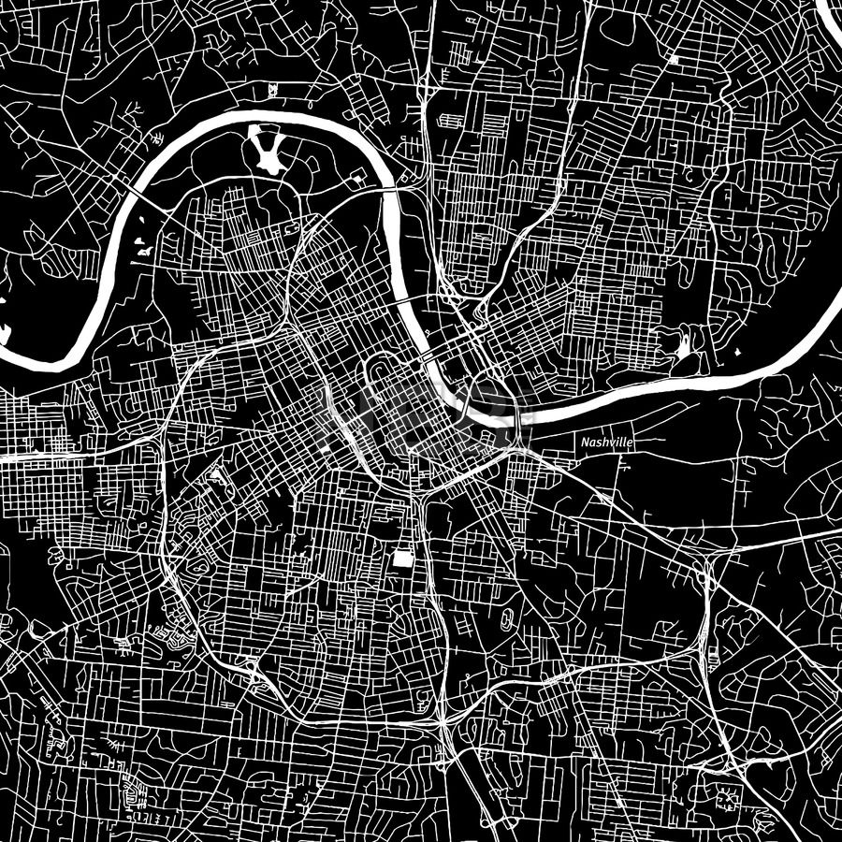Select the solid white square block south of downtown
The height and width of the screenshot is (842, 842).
click(402, 559)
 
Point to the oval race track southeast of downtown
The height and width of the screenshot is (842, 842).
click(506, 618)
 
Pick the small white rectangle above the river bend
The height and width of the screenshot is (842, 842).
click(271, 90)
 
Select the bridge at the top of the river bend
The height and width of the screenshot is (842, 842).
click(391, 187)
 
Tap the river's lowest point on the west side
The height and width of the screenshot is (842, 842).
click(37, 360)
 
